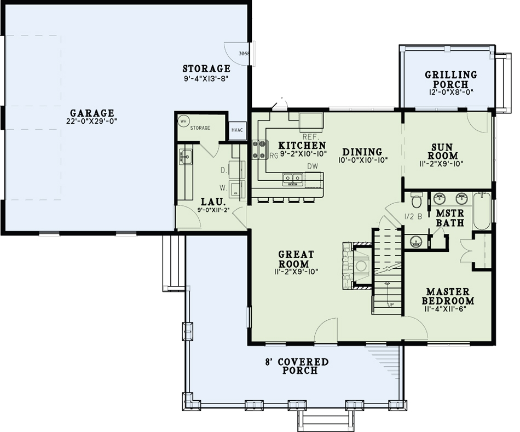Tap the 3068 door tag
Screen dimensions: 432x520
pos(244,54)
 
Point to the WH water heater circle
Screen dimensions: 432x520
pos(183,120)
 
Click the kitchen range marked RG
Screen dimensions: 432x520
pos(259,149)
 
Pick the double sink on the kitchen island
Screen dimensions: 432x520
pos(292,177)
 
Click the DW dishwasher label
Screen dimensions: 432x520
pos(313,166)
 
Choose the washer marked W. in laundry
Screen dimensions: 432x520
pos(237,188)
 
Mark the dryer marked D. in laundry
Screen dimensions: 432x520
pos(236,170)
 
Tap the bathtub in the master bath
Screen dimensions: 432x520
pos(482,211)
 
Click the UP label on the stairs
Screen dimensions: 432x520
pos(390,305)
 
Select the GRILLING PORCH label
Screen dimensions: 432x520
pos(450,79)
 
